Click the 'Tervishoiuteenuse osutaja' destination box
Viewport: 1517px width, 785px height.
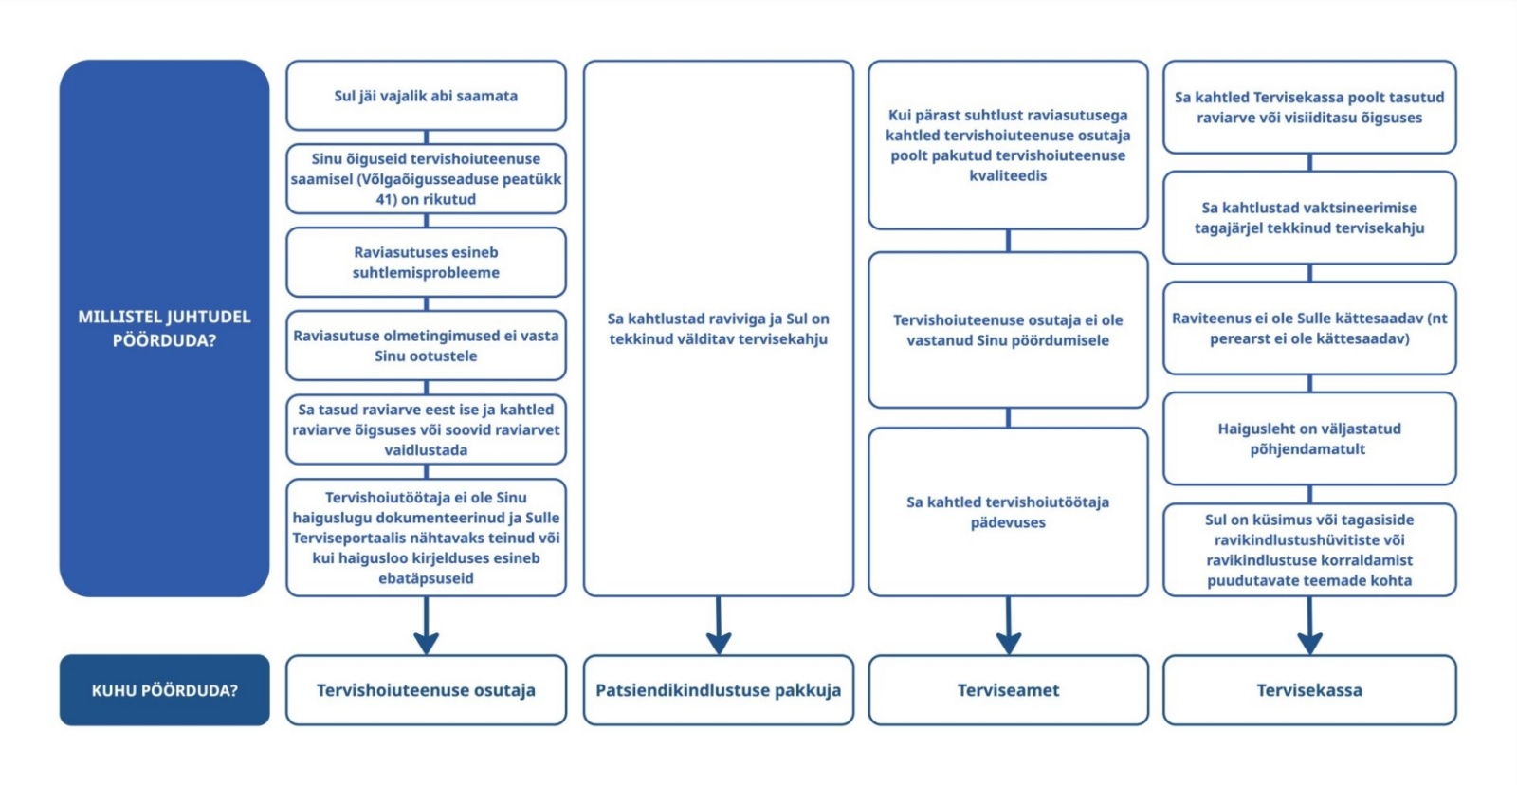pyautogui.click(x=426, y=690)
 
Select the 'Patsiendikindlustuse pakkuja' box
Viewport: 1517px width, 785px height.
pyautogui.click(x=718, y=690)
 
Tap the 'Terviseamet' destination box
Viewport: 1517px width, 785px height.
pyautogui.click(x=1008, y=690)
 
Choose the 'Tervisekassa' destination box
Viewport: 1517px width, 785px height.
pyautogui.click(x=1309, y=690)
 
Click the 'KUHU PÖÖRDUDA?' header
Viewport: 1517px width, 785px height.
pyautogui.click(x=164, y=690)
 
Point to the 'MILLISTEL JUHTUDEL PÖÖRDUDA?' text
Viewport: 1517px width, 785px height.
pyautogui.click(x=164, y=328)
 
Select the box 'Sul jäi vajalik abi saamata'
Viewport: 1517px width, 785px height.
pyautogui.click(x=426, y=96)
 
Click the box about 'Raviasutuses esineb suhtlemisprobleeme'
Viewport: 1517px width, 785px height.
pyautogui.click(x=426, y=263)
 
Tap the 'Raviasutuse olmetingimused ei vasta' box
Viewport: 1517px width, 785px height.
pyautogui.click(x=426, y=346)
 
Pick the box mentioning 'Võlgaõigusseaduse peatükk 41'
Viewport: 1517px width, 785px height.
pyautogui.click(x=426, y=179)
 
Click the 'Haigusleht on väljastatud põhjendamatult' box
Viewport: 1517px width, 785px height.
pyautogui.click(x=1309, y=439)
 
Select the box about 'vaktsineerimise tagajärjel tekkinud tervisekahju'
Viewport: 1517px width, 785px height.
pyautogui.click(x=1309, y=217)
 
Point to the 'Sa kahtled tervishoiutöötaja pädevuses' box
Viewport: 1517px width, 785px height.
pyautogui.click(x=1008, y=512)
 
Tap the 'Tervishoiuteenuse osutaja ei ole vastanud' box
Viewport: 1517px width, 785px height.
pyautogui.click(x=1008, y=330)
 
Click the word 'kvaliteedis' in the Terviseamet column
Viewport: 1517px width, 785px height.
pyautogui.click(x=1008, y=175)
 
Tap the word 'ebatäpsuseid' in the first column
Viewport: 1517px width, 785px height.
pyautogui.click(x=426, y=578)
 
